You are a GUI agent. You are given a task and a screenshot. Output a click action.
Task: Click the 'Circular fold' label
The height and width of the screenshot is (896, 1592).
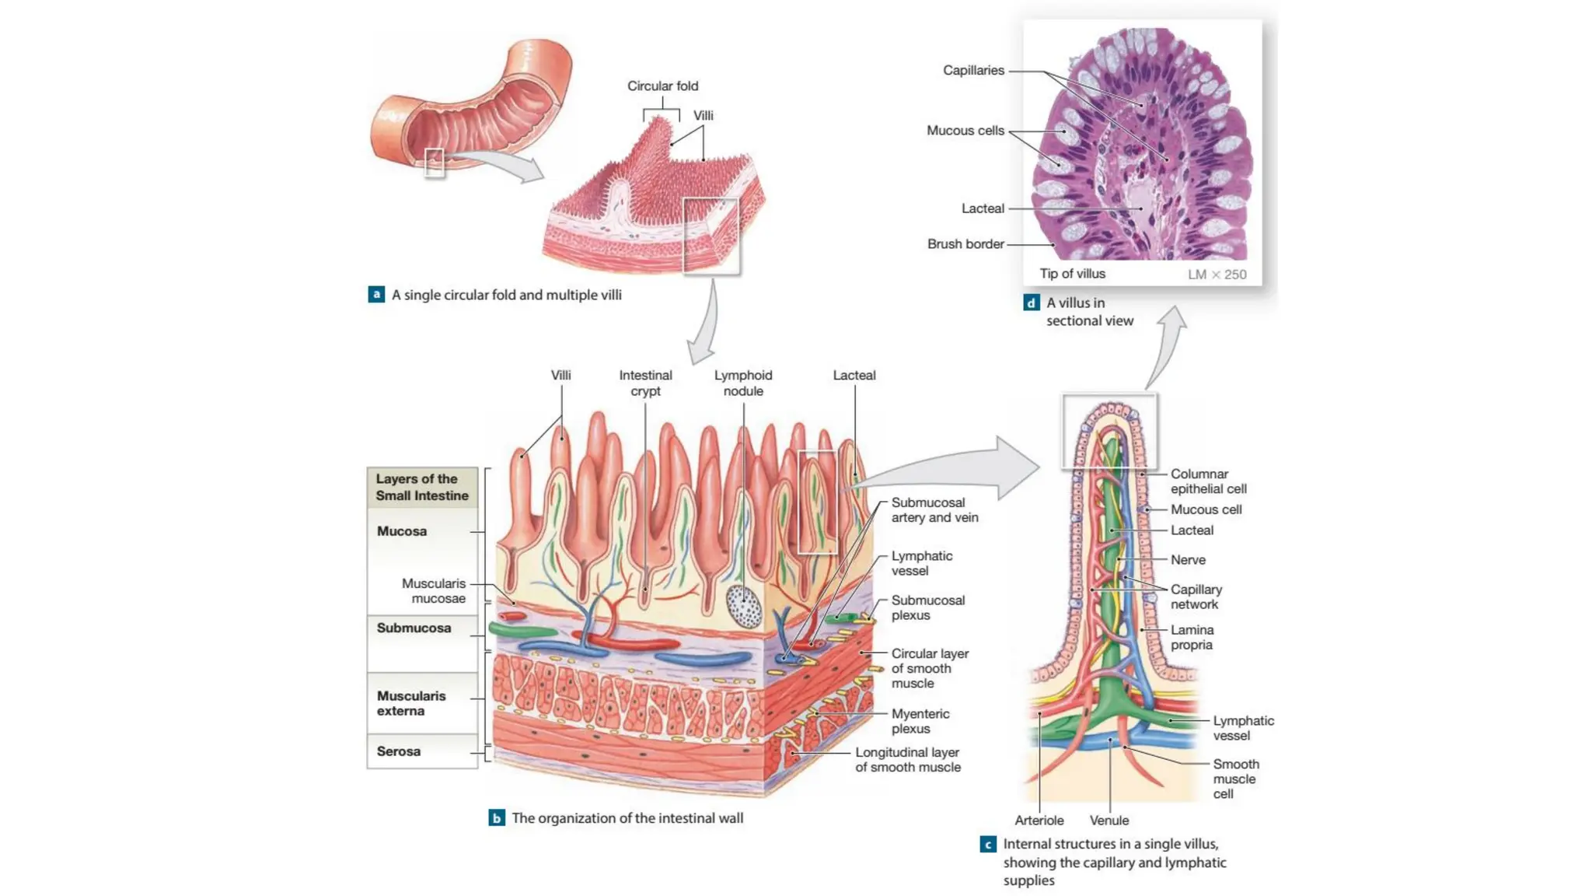tap(662, 86)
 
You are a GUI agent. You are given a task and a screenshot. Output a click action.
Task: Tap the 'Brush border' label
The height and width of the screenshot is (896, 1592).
tap(965, 244)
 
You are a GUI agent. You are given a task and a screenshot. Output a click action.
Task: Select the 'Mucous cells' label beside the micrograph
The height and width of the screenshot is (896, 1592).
tap(965, 131)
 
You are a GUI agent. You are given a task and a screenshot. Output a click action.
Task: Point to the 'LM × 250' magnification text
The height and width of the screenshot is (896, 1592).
tap(1217, 275)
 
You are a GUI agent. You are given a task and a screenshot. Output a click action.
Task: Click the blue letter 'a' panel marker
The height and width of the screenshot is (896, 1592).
tap(376, 295)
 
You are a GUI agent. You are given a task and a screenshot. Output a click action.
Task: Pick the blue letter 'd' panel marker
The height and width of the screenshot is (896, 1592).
tap(1032, 303)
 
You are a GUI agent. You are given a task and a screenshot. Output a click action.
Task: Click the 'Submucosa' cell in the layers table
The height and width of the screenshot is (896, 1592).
tap(414, 628)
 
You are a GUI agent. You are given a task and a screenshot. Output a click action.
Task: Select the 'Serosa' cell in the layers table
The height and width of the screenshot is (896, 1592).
tap(399, 751)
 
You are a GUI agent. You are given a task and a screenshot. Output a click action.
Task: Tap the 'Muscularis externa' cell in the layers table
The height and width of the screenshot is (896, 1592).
tap(411, 703)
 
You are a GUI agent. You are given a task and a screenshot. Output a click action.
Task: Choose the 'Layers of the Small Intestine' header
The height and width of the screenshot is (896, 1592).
tap(422, 488)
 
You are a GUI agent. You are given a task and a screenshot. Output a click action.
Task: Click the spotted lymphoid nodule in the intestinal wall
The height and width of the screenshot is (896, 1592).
tap(744, 607)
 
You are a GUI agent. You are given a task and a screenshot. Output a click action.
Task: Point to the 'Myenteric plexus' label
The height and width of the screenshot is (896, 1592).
tap(920, 721)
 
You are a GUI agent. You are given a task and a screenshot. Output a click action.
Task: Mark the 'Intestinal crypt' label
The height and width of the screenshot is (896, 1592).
tap(645, 383)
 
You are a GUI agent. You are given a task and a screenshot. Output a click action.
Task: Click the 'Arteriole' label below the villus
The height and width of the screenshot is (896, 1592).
tap(1039, 821)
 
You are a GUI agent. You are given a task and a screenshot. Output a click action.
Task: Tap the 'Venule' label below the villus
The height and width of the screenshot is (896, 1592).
tap(1109, 821)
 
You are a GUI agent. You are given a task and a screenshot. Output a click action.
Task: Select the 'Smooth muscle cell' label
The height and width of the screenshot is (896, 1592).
tap(1235, 779)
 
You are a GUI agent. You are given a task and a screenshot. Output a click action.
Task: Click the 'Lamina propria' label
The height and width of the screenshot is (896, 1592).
tap(1192, 637)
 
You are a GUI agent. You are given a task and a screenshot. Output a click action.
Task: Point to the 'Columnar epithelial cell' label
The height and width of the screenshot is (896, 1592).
tap(1208, 481)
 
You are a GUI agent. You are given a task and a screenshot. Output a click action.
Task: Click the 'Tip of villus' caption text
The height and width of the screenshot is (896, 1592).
tap(1072, 274)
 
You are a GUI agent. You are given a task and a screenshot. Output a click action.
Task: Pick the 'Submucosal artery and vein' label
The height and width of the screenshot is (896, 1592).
tap(934, 510)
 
